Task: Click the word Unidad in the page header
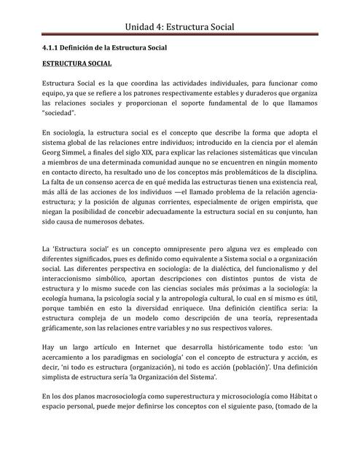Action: (x=143, y=27)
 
